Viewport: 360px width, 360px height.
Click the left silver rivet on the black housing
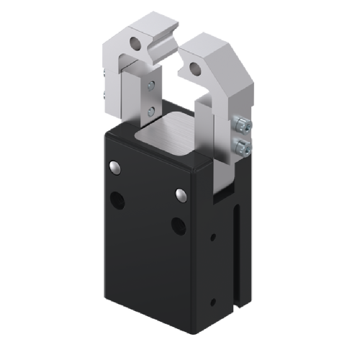click(x=114, y=168)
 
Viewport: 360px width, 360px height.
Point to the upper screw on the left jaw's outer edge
click(x=107, y=72)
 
